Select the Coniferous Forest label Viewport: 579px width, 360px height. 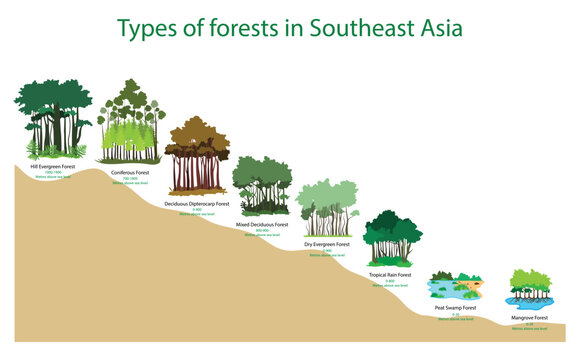pyautogui.click(x=129, y=172)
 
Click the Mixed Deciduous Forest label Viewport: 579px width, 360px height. pyautogui.click(x=262, y=225)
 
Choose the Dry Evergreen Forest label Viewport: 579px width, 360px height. pyautogui.click(x=326, y=244)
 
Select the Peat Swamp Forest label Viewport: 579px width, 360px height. pyautogui.click(x=455, y=308)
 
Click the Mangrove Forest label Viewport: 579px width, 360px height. pyautogui.click(x=529, y=317)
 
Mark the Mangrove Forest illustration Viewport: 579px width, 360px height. pyautogui.click(x=529, y=290)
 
